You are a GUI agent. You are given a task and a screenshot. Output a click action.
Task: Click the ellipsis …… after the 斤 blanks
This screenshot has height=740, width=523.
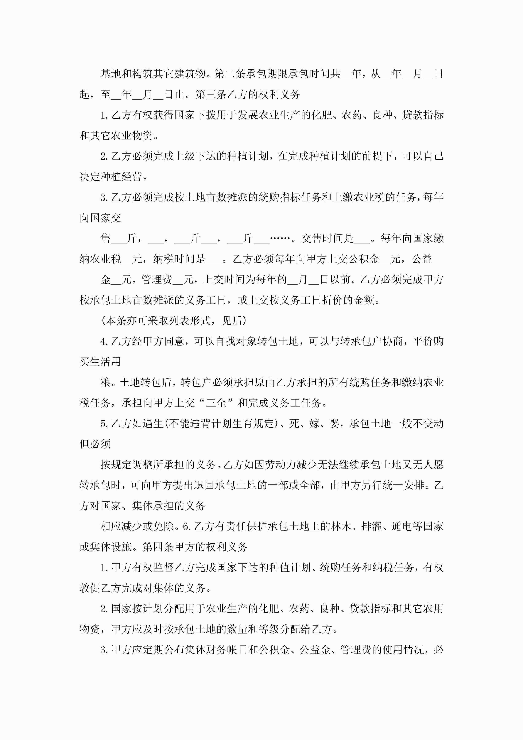tap(280, 239)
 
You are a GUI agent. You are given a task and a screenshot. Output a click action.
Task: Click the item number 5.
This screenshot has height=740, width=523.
tap(103, 424)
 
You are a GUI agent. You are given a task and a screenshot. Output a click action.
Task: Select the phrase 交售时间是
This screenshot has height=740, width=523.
tap(327, 239)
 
